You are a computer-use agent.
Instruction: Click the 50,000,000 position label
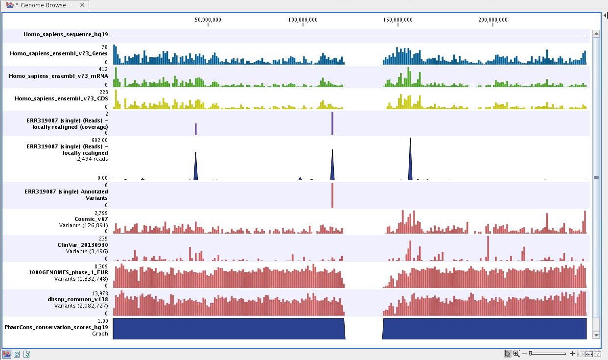click(208, 20)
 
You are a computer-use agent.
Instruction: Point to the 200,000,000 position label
click(492, 20)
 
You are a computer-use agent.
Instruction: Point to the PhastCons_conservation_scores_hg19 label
click(56, 327)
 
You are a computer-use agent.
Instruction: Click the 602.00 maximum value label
click(100, 140)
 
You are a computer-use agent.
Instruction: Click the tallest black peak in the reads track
click(410, 162)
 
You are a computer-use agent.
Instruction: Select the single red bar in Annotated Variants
click(332, 195)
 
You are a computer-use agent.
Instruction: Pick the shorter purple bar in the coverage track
click(196, 129)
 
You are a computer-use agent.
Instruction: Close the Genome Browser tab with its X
click(82, 5)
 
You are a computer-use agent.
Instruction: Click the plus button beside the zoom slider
click(572, 354)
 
